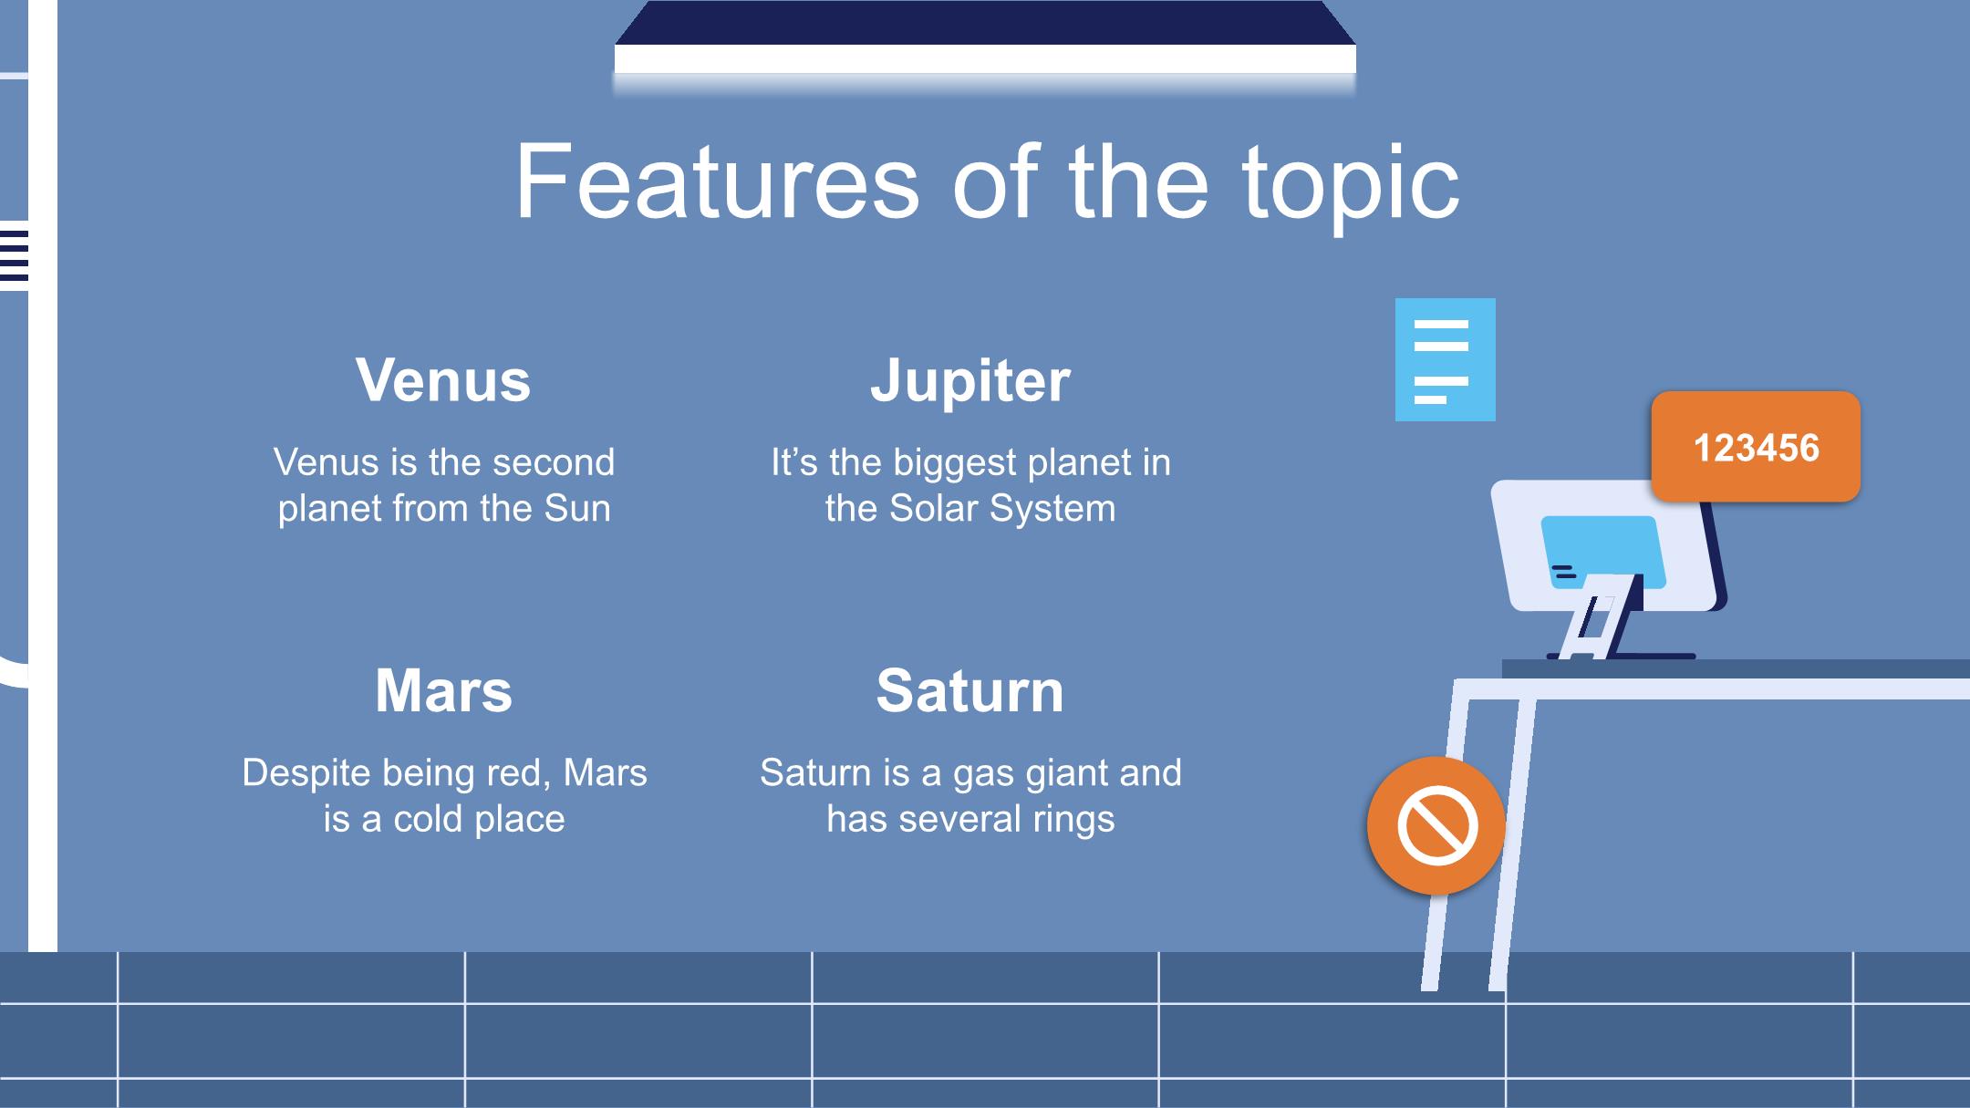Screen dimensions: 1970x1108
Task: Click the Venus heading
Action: (443, 379)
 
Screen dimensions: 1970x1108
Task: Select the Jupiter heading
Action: (970, 381)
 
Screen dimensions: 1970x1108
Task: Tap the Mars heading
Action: (444, 690)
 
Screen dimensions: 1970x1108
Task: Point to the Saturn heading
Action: (970, 690)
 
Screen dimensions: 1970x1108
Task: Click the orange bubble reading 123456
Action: (1756, 447)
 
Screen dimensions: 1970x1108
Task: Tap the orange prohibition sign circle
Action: (1436, 825)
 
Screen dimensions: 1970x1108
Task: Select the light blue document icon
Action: (1445, 359)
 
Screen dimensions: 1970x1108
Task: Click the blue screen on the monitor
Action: (1602, 550)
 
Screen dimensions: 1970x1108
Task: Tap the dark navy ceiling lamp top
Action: (985, 23)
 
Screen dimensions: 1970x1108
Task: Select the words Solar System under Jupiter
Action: (1002, 509)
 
